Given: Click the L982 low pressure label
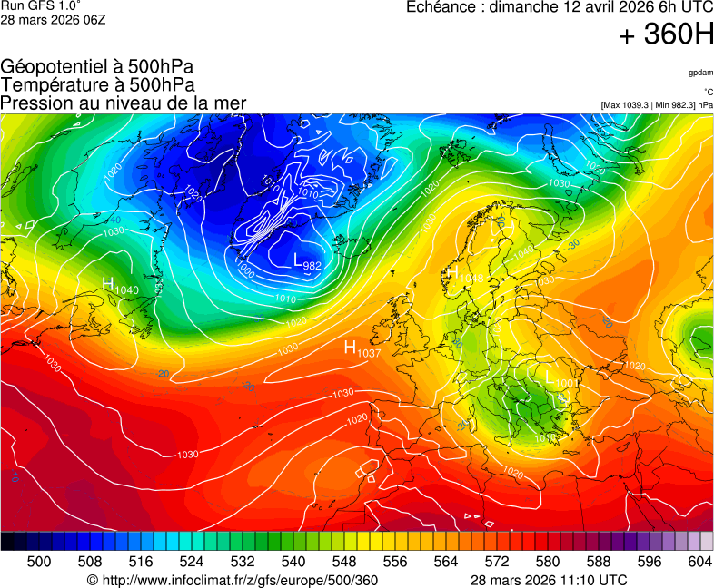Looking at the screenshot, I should (x=307, y=262).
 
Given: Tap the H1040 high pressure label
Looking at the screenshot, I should (x=120, y=286).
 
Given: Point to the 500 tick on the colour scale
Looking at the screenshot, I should (x=39, y=562).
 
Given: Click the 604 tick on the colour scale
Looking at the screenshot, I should (x=699, y=562).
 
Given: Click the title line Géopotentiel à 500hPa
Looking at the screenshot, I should (x=97, y=67).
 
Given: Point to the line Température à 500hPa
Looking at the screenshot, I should (x=97, y=84).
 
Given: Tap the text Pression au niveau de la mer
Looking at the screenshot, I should (x=124, y=103).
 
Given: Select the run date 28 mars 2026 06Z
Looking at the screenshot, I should (x=53, y=19).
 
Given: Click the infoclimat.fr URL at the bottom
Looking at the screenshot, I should (x=232, y=580).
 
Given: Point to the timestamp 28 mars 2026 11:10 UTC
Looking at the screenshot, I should (x=548, y=580).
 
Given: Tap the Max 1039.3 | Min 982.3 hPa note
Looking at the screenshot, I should (x=657, y=105).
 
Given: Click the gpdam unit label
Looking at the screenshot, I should (x=700, y=73).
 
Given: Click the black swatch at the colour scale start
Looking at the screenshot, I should (x=7, y=541).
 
